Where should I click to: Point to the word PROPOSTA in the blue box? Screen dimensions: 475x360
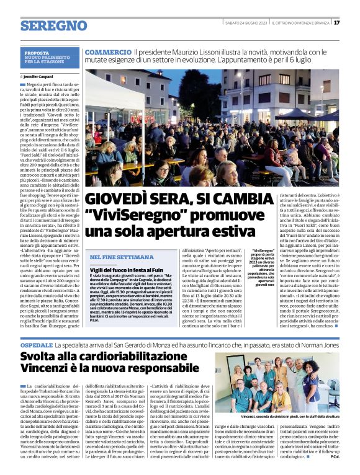click(x=37, y=53)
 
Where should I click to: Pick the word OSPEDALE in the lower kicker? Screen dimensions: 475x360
click(x=35, y=343)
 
